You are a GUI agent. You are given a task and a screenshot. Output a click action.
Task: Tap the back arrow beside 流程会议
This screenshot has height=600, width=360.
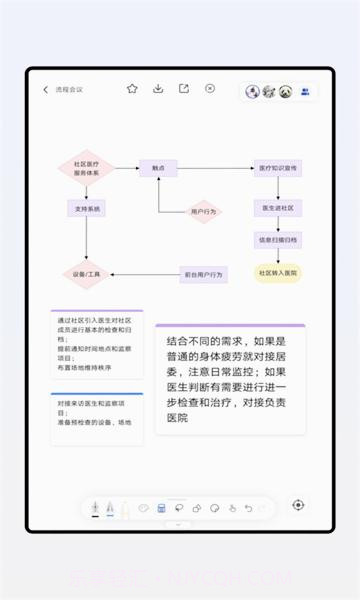[45, 90]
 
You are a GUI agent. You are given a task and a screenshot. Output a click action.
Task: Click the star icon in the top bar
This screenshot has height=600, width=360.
[132, 89]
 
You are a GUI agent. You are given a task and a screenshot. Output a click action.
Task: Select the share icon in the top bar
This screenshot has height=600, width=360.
[184, 89]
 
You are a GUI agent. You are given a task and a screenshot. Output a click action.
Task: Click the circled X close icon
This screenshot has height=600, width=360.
[210, 89]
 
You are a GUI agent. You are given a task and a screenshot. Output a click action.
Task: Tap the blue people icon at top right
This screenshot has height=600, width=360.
[305, 91]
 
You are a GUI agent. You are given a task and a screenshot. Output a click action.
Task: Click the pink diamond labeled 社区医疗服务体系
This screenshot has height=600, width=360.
[86, 168]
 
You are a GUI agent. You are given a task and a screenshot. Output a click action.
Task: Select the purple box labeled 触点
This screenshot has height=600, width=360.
[158, 169]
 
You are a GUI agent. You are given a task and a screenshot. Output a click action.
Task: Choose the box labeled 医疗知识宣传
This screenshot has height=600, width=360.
[278, 169]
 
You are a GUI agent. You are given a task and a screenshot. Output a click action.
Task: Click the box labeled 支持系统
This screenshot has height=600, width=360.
[86, 209]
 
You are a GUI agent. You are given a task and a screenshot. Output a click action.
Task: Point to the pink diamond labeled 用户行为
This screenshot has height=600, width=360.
[204, 212]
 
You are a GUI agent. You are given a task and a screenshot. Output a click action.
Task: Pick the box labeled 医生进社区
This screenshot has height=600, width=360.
[277, 208]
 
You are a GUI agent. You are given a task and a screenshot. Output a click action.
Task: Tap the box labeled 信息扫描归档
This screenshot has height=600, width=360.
[277, 240]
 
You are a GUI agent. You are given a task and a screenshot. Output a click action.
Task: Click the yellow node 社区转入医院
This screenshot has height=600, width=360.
[278, 272]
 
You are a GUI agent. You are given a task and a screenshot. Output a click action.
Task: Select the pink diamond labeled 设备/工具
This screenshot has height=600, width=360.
[86, 273]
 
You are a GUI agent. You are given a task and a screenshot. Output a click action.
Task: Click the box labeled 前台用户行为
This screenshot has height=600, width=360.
[204, 273]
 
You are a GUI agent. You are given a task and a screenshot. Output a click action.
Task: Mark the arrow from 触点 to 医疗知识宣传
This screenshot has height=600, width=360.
[216, 169]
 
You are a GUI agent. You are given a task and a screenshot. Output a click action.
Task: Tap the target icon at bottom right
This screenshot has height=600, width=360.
[298, 505]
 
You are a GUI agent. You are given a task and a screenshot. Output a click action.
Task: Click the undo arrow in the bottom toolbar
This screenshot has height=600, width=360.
[248, 508]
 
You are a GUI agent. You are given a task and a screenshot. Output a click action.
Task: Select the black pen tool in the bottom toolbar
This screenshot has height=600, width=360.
[95, 508]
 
